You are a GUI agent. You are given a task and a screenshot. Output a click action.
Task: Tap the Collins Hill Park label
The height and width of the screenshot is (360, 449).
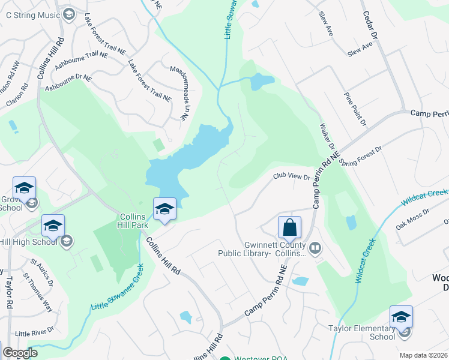click(138, 220)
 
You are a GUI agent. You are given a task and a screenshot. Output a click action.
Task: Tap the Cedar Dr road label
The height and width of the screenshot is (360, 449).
click(369, 23)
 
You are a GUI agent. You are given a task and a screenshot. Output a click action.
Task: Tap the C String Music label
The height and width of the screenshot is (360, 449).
click(29, 13)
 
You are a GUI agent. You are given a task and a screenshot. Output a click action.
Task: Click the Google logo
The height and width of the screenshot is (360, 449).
click(20, 353)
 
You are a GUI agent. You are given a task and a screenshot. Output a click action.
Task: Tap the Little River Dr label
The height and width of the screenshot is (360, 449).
click(34, 331)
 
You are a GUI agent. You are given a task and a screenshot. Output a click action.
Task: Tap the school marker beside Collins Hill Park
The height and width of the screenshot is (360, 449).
click(164, 209)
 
